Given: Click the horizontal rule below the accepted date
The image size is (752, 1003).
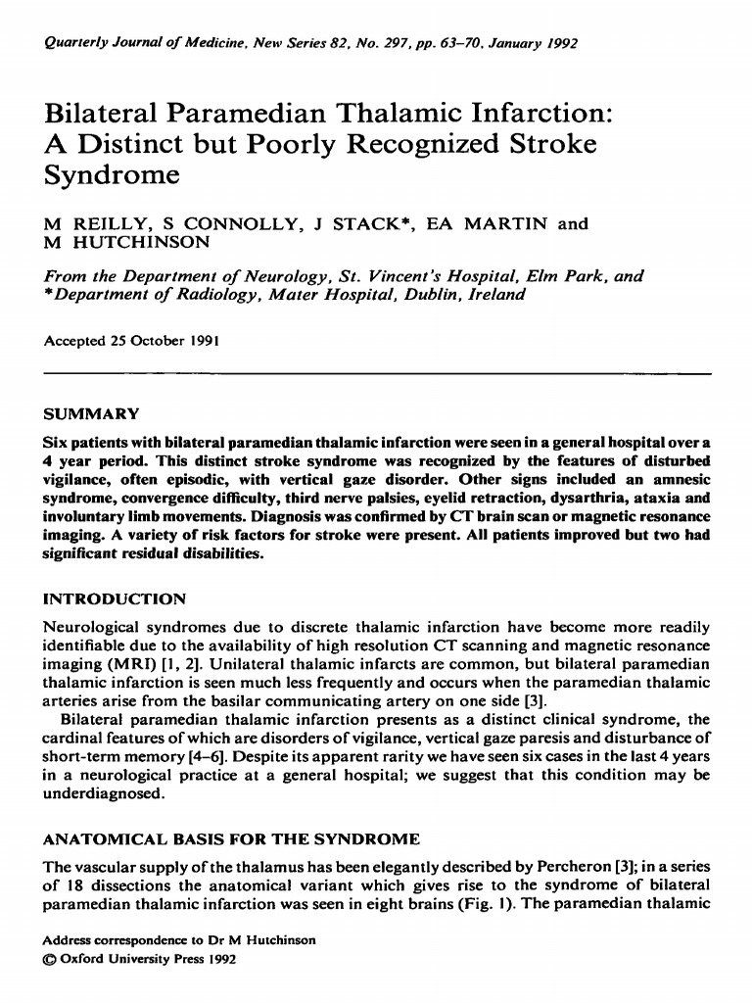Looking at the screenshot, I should pos(376,373).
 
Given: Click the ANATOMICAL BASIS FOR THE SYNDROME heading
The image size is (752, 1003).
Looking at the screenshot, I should pos(233,839).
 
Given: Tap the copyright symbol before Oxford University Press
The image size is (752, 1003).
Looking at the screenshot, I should pos(52,959).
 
